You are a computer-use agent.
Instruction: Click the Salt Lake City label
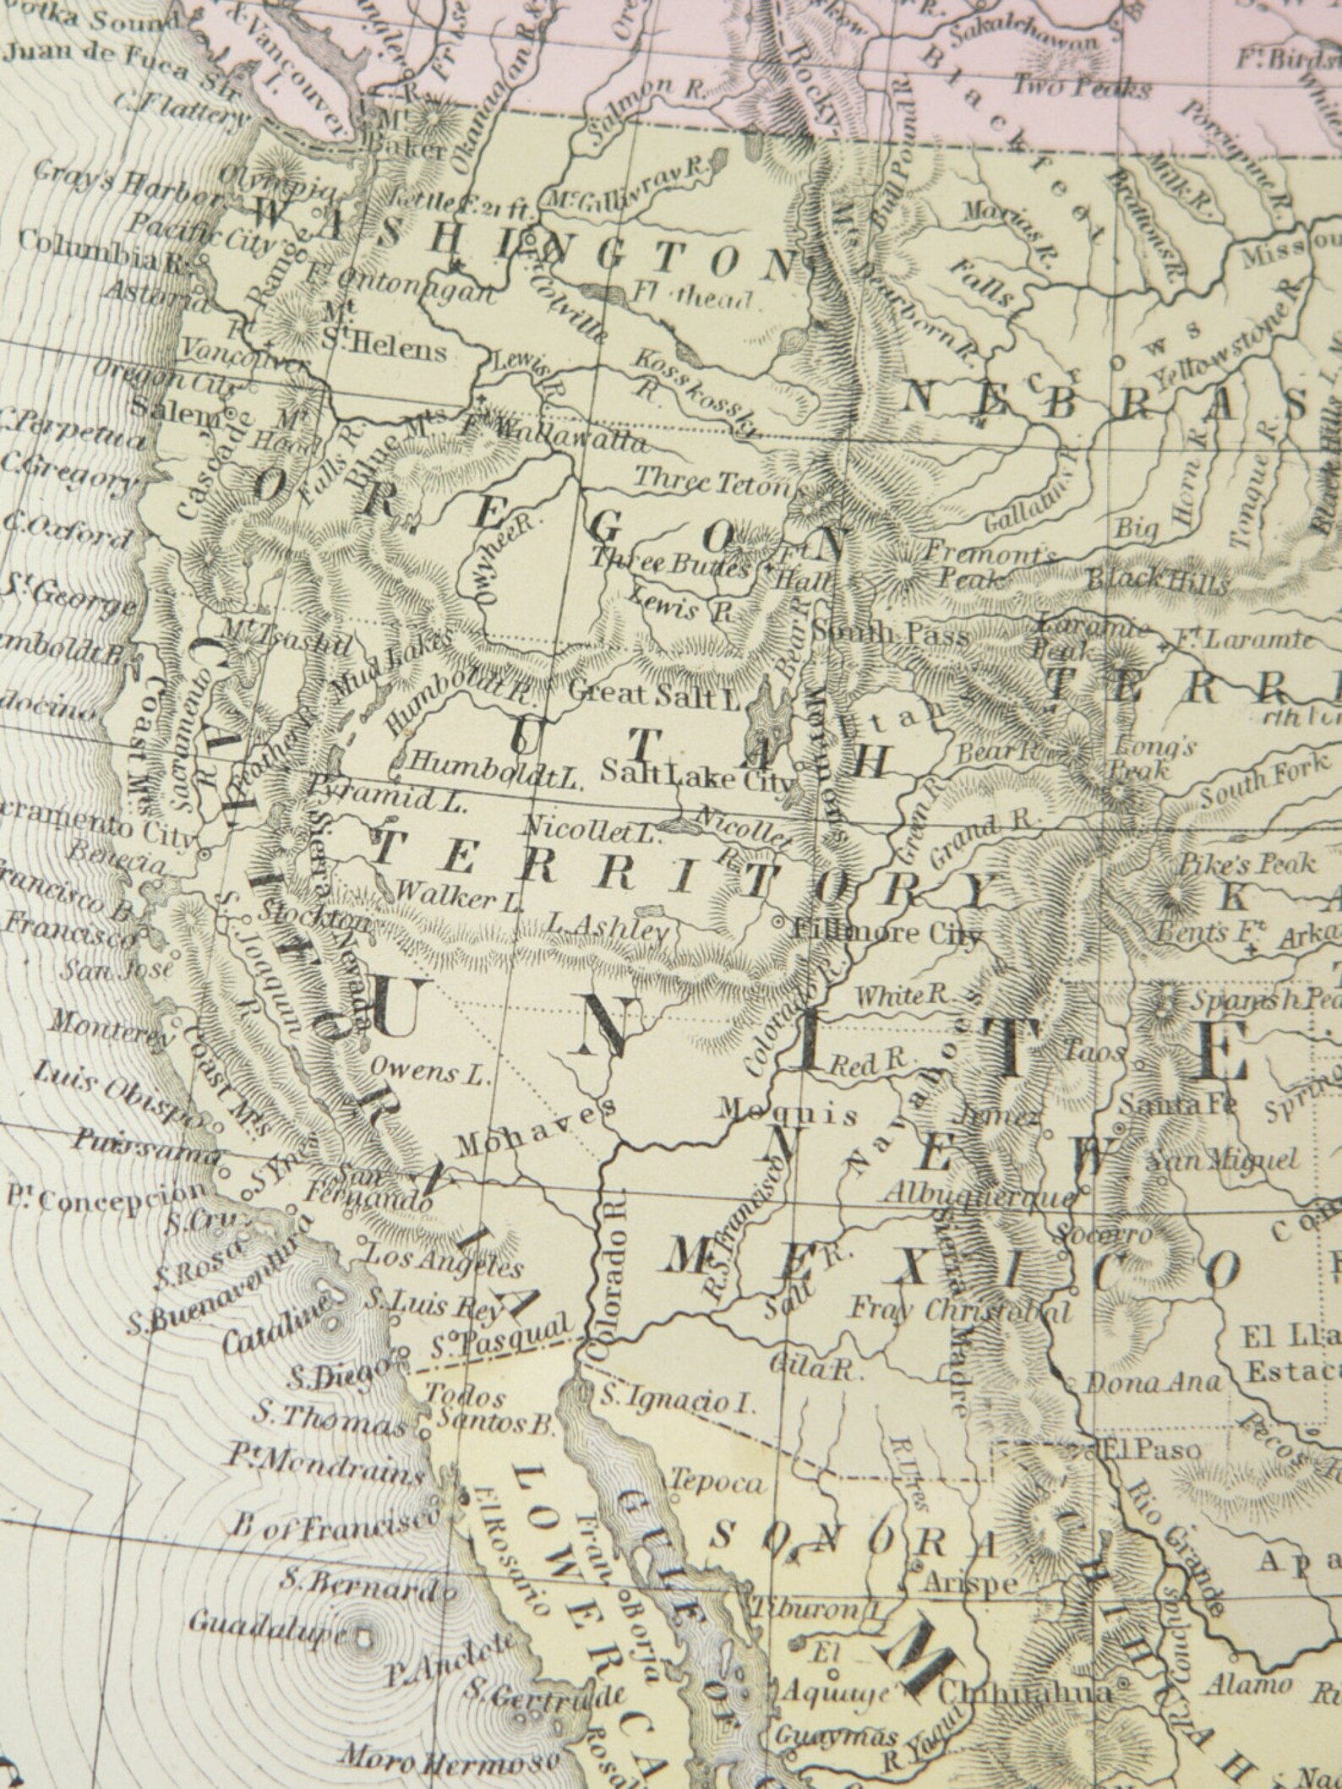(x=699, y=777)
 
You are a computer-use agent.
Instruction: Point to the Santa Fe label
(x=1177, y=1104)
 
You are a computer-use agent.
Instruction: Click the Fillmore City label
(x=888, y=933)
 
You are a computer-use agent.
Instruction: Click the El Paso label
(x=1150, y=1449)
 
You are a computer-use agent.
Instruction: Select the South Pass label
(x=889, y=634)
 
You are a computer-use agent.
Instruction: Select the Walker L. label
(x=458, y=897)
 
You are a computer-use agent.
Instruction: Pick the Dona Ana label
(x=1152, y=1383)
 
